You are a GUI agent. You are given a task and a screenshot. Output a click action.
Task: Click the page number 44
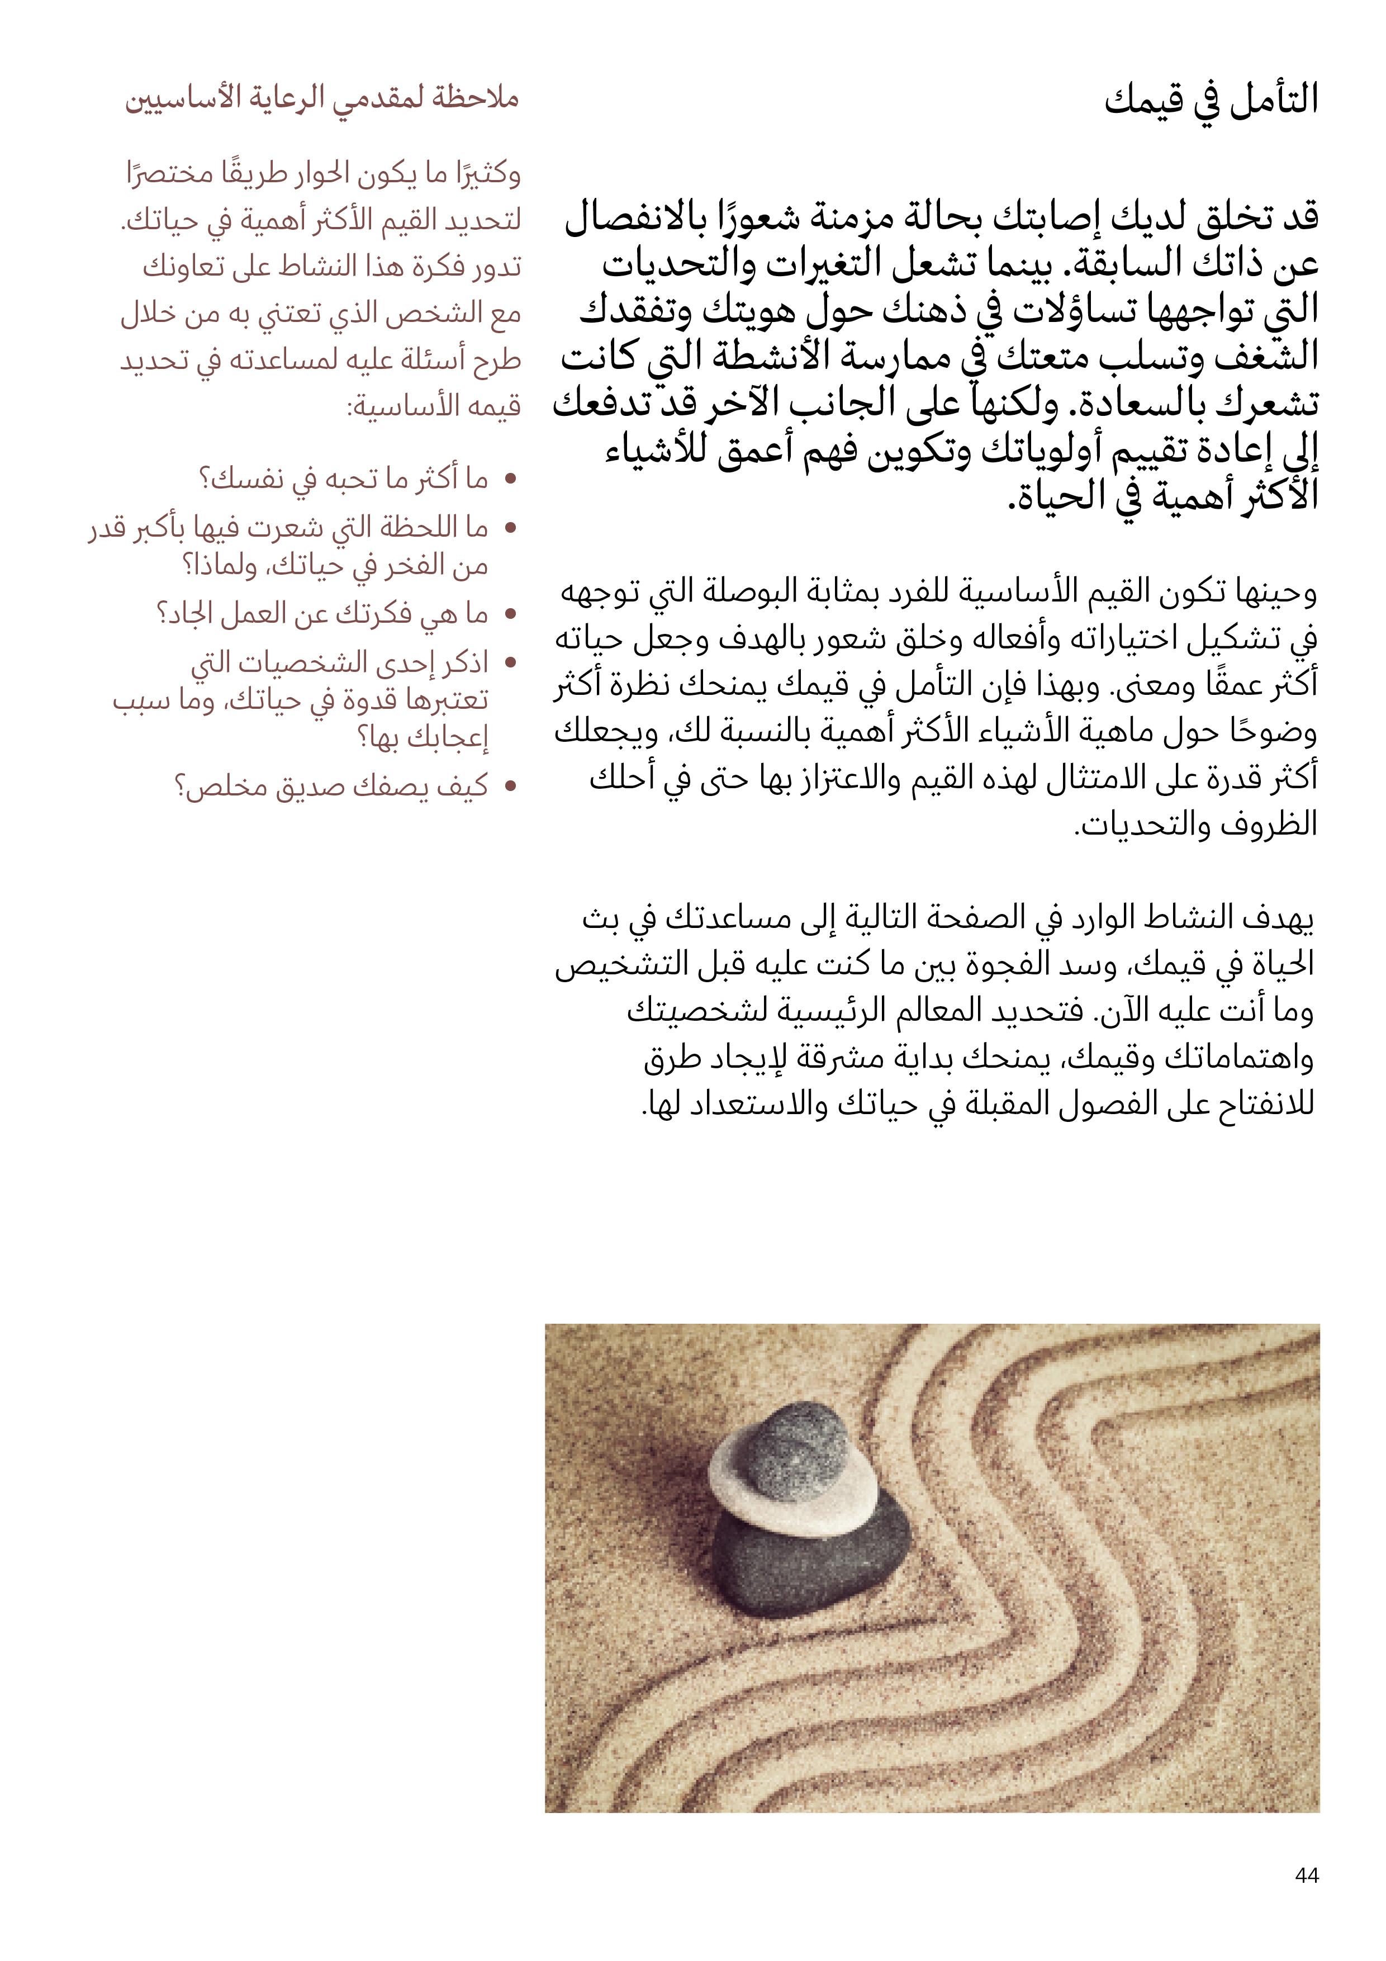pyautogui.click(x=1307, y=1875)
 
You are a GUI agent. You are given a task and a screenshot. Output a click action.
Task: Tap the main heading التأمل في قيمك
pyautogui.click(x=1211, y=101)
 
